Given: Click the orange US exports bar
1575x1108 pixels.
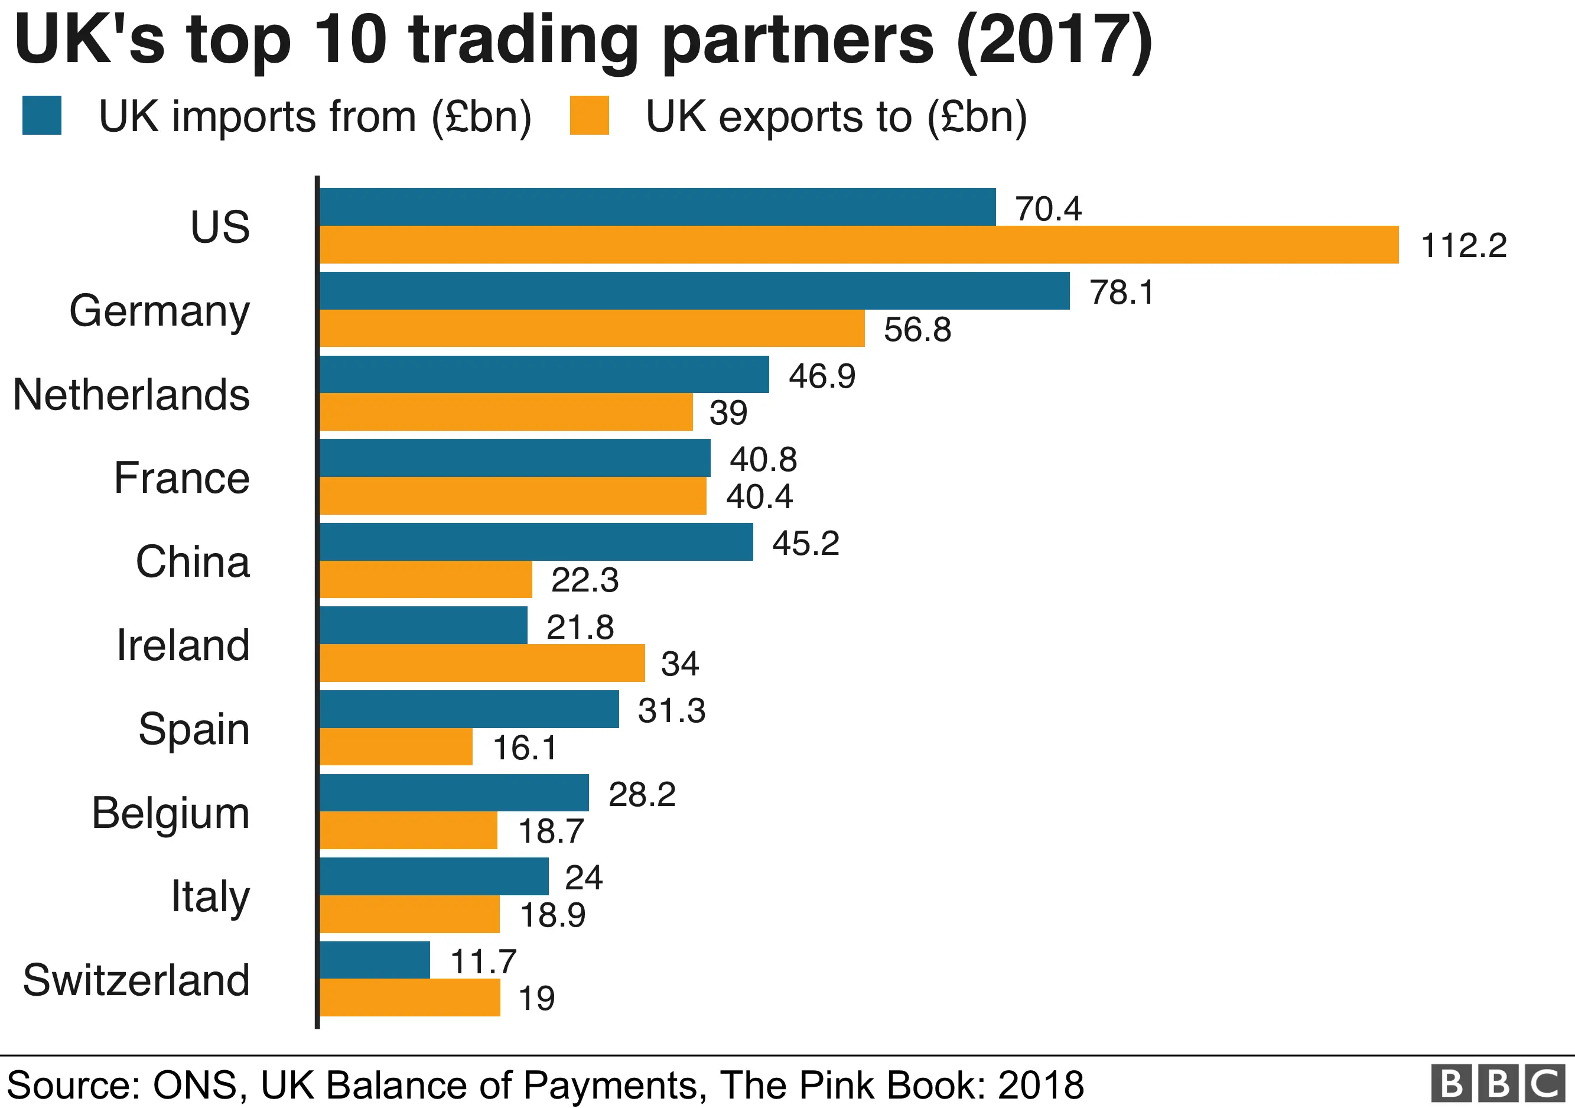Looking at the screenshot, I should (859, 245).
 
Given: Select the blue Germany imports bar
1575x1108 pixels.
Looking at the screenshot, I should (694, 291).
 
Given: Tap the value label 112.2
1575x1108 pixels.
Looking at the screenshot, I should (1463, 246).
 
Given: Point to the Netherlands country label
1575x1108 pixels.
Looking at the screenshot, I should (132, 395).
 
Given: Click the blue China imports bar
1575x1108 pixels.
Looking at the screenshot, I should (536, 542).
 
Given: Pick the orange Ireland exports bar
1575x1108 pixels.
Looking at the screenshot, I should (482, 663).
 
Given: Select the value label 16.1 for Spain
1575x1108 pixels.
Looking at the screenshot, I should (525, 747).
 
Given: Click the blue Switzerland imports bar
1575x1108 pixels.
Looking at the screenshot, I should (375, 960).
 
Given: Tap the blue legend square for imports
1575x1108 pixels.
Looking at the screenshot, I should (42, 115).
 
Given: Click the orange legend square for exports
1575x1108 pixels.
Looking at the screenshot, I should (589, 115).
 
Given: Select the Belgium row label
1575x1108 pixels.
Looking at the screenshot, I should (171, 813).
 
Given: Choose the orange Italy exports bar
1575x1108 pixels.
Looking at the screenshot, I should (409, 914).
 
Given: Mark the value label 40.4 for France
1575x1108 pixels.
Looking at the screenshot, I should (759, 496).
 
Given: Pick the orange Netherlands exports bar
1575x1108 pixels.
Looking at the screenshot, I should (506, 412).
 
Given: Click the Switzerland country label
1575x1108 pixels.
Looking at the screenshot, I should (136, 980).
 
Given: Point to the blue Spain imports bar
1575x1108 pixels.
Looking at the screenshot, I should (469, 709).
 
